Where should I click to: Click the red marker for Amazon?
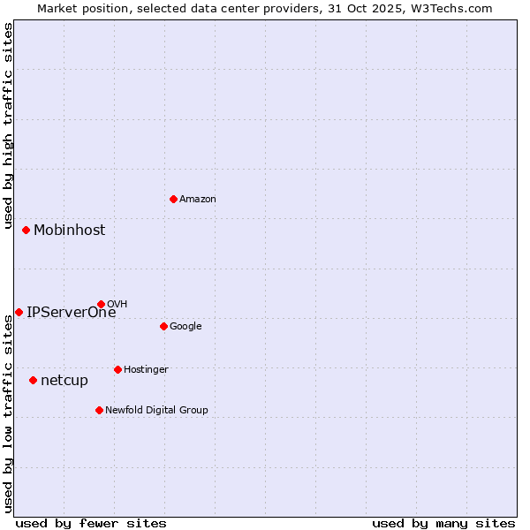pyautogui.click(x=173, y=199)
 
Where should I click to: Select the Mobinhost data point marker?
pyautogui.click(x=26, y=230)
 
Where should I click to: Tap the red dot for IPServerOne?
pyautogui.click(x=19, y=312)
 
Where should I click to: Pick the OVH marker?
pyautogui.click(x=101, y=304)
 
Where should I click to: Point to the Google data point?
pyautogui.click(x=163, y=326)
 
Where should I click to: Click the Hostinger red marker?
pyautogui.click(x=117, y=369)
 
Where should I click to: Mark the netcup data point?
pyautogui.click(x=34, y=380)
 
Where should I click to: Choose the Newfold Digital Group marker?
pyautogui.click(x=99, y=410)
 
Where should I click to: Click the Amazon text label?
pyautogui.click(x=198, y=200)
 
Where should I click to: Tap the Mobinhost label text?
pyautogui.click(x=69, y=231)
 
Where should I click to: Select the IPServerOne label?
pyautogui.click(x=71, y=313)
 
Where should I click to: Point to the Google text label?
pyautogui.click(x=185, y=327)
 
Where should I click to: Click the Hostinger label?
pyautogui.click(x=146, y=370)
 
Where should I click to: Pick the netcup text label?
pyautogui.click(x=64, y=381)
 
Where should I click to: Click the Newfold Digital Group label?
pyautogui.click(x=156, y=411)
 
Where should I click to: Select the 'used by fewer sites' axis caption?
pyautogui.click(x=91, y=524)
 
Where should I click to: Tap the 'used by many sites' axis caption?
pyautogui.click(x=443, y=524)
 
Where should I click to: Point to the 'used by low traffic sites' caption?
pyautogui.click(x=8, y=413)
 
